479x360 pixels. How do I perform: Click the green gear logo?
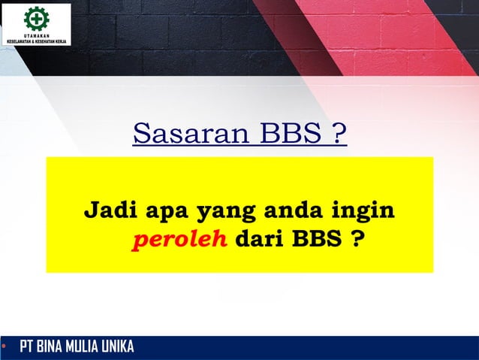point(35,19)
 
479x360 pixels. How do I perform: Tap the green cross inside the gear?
point(35,19)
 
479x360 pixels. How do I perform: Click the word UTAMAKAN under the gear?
point(36,35)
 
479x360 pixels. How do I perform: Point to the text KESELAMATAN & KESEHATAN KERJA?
point(36,41)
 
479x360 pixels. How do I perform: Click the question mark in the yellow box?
point(350,242)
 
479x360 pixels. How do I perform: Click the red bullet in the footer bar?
point(4,346)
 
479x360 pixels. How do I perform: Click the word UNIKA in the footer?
point(120,347)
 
